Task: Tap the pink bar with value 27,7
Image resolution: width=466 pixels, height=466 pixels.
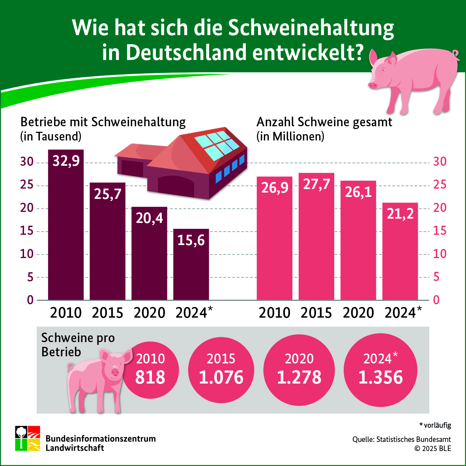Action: coord(316,237)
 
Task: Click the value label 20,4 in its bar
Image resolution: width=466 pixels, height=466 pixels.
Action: coord(149,218)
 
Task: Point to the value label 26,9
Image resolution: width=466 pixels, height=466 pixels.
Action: coord(275,188)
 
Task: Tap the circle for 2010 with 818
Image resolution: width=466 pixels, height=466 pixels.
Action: coord(150,370)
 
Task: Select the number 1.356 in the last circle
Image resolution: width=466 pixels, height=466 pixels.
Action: coord(380,378)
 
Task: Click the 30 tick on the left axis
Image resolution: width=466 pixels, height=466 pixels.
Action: coord(27,162)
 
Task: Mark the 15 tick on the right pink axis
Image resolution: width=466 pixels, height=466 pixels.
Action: coord(440,231)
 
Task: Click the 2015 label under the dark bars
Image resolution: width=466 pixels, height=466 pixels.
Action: coord(107,313)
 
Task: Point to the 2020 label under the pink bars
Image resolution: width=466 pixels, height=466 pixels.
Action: coord(358,313)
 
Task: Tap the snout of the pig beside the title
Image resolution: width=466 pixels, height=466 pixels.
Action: coord(373,84)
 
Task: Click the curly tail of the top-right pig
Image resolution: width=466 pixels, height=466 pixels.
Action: coord(456,54)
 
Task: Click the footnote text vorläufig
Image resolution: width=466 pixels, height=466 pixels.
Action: coord(437,425)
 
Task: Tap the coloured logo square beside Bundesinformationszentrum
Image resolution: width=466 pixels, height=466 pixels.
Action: coord(28,438)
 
